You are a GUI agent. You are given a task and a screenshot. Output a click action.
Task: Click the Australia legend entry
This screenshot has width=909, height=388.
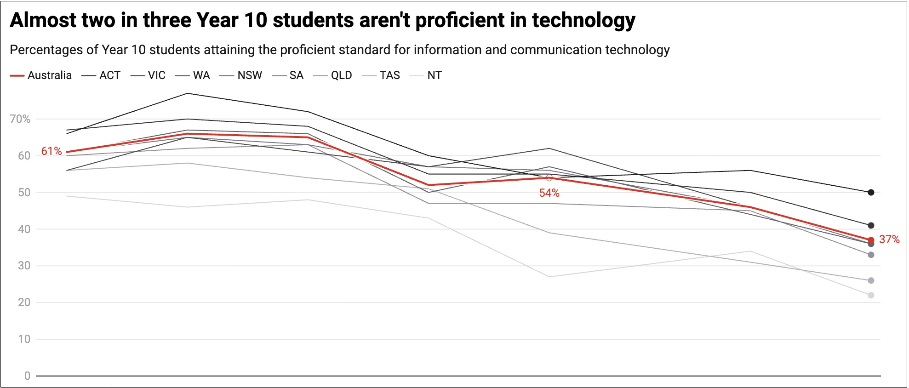pos(41,75)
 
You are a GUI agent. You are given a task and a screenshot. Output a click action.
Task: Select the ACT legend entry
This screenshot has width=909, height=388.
pos(101,75)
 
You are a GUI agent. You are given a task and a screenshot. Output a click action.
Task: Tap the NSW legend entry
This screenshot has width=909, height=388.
pos(241,75)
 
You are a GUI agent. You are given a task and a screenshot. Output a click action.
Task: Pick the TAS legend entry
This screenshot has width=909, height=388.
pos(381,75)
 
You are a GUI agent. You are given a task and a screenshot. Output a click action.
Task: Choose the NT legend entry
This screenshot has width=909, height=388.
pos(426,75)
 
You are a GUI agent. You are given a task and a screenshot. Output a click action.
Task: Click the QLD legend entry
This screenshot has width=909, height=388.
pos(332,75)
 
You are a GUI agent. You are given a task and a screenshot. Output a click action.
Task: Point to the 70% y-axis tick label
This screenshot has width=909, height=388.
pos(20,119)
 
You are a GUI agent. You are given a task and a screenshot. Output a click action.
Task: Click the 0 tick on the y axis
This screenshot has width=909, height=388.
pos(27,376)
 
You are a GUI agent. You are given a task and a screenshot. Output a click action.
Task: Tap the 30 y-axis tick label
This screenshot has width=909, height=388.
pos(24,266)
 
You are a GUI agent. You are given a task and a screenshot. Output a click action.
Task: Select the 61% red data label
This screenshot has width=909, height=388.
pos(51,151)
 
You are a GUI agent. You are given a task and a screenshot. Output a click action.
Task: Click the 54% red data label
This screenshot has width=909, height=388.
pos(549,193)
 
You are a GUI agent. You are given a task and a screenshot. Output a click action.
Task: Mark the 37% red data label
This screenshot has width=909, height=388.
pos(889,240)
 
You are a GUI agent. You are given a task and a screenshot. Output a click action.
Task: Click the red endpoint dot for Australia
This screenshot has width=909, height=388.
pos(871,240)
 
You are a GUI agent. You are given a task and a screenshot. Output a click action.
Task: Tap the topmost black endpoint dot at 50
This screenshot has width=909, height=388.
pos(871,193)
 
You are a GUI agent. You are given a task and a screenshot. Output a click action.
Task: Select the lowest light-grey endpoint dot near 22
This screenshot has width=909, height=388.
pos(871,295)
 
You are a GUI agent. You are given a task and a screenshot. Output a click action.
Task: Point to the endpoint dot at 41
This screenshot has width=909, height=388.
pos(871,226)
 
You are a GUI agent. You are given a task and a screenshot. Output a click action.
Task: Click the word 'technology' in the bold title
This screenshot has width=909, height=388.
pos(583,21)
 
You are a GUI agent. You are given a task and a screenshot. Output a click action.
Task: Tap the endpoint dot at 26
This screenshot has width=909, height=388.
pos(871,280)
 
